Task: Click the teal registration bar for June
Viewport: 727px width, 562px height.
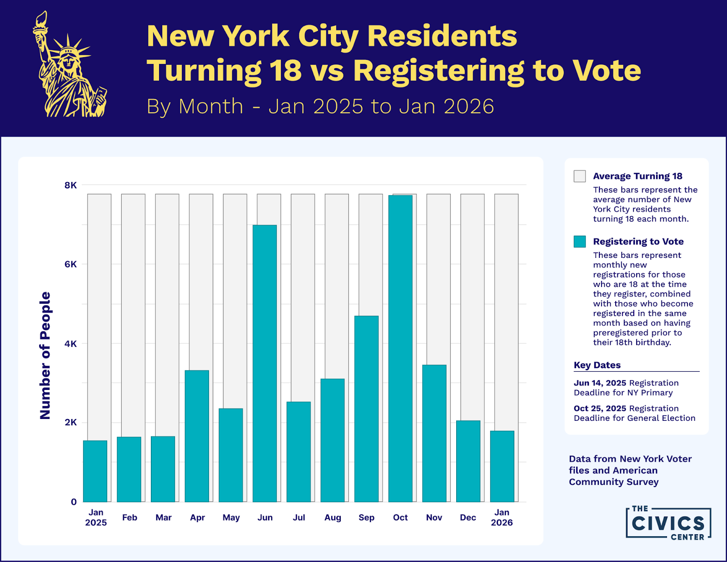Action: coord(264,363)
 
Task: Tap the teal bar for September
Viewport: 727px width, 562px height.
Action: coord(366,409)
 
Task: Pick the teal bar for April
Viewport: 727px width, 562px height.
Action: coord(197,436)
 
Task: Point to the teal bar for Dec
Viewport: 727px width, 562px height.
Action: coord(468,461)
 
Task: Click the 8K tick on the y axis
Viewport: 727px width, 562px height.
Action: coord(70,185)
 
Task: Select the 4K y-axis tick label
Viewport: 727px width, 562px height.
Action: coord(70,344)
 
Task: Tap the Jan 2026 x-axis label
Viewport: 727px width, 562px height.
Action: coord(502,518)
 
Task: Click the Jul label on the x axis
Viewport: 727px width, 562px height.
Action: coord(299,518)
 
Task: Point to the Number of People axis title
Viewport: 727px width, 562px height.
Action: coord(45,355)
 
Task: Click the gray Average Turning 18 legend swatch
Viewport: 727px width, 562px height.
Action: coord(579,176)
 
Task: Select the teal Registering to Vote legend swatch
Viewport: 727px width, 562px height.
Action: coord(579,242)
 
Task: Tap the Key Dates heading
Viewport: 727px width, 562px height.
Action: coord(597,365)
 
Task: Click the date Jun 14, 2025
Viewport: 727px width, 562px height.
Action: coord(600,383)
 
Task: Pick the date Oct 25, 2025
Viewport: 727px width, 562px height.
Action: coord(600,409)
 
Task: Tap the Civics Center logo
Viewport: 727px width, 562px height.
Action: coord(668,523)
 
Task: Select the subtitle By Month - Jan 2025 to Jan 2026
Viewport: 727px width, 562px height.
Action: coord(320,106)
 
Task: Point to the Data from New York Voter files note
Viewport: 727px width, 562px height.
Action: coord(630,470)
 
